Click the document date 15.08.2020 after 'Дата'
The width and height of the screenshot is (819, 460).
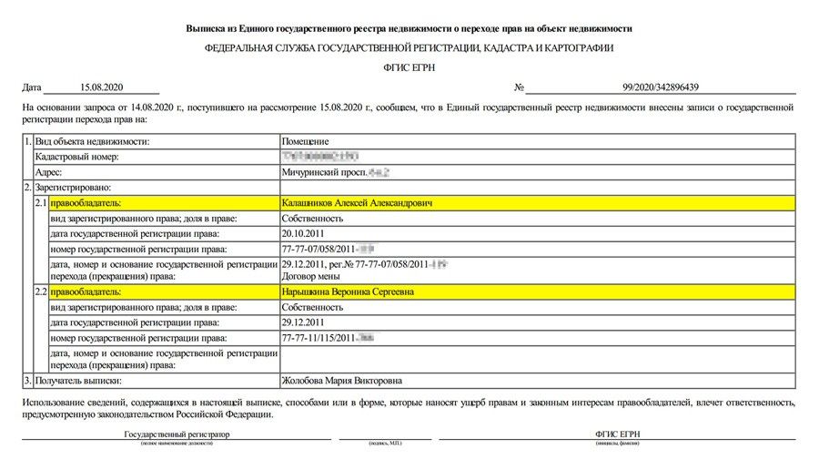pos(101,87)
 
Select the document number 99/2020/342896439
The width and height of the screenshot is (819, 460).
pos(661,87)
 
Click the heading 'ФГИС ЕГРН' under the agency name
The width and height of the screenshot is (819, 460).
pos(409,66)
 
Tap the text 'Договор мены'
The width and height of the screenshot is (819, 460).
pos(311,275)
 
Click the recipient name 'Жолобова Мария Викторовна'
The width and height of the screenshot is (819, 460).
pos(342,380)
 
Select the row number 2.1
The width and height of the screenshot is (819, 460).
pos(41,203)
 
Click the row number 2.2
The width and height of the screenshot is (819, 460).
pos(41,292)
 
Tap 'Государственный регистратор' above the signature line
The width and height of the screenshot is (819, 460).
pos(177,434)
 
